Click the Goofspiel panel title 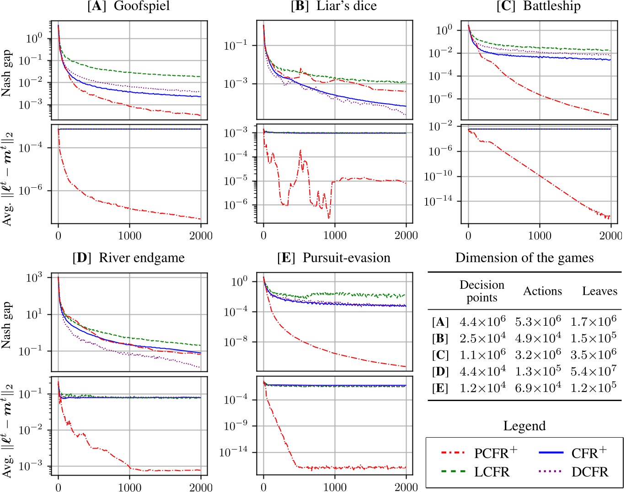129,6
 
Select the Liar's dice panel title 334,6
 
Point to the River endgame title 128,258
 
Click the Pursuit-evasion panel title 334,258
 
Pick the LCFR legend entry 476,472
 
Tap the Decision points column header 482,291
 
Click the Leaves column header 599,291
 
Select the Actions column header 542,291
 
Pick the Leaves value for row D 593,371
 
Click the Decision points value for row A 482,322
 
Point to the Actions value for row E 538,388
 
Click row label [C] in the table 440,355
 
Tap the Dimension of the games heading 524,258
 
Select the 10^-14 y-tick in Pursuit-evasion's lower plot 234,452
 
